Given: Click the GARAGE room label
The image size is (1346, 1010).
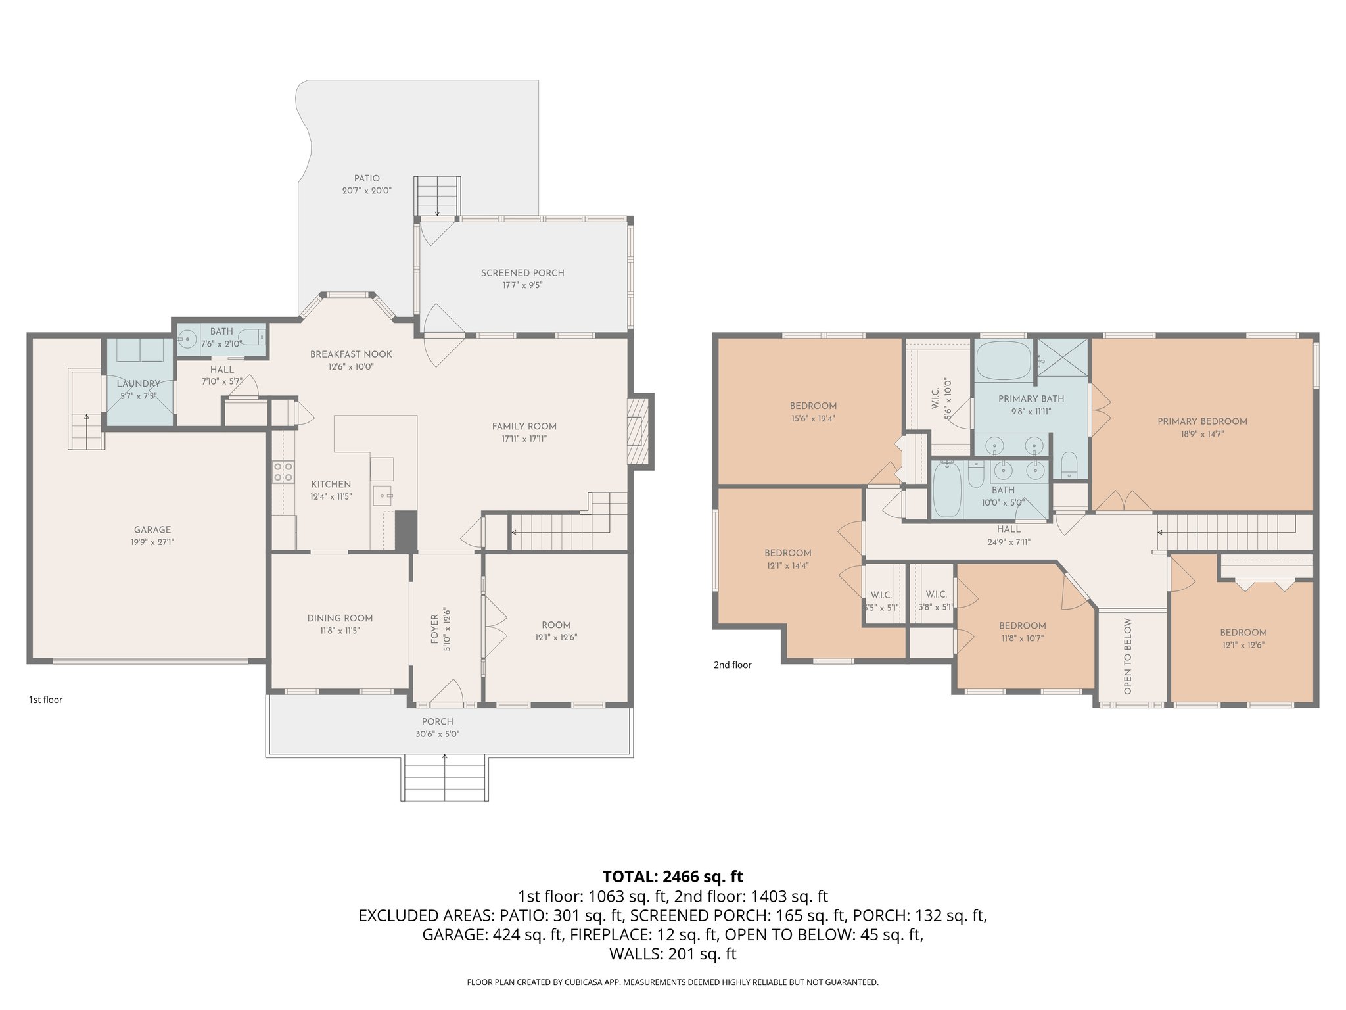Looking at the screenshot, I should (152, 530).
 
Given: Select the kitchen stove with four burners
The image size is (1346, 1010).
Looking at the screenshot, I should (283, 471).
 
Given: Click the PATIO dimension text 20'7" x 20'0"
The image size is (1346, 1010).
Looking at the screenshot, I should (367, 191).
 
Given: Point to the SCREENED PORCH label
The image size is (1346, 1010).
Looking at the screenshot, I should (522, 273).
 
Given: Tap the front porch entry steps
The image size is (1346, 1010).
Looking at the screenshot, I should (444, 779).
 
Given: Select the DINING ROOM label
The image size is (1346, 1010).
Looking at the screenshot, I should (340, 618).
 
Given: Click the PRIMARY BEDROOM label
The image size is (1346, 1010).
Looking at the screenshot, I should (1202, 421).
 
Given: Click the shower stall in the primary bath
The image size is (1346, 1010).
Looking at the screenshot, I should (1062, 357).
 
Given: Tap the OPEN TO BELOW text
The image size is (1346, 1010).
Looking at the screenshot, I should (1128, 656).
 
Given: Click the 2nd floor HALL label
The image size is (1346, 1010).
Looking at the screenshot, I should (1008, 529).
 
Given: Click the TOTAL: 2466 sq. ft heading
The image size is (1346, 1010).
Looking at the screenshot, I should (672, 877).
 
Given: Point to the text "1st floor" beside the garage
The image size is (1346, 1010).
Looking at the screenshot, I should (45, 700).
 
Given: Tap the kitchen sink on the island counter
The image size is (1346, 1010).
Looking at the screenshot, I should (383, 494).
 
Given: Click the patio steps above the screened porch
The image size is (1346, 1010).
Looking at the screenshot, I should (437, 195).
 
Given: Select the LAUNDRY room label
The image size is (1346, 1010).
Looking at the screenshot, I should (139, 384).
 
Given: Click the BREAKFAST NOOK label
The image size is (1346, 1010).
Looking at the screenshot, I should (351, 354).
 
